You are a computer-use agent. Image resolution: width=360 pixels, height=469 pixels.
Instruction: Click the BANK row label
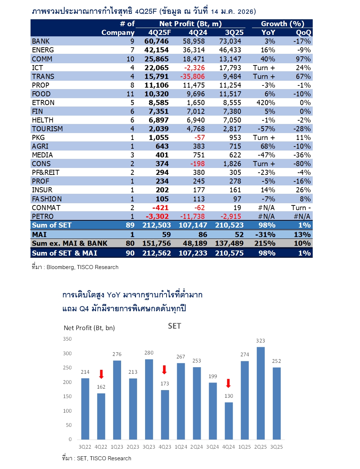tap(41, 41)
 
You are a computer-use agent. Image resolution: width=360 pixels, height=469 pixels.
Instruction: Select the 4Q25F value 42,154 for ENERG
tap(156, 50)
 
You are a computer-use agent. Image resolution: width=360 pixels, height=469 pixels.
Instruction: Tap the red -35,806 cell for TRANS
tap(192, 77)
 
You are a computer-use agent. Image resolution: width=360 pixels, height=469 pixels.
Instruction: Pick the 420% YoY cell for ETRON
tap(265, 103)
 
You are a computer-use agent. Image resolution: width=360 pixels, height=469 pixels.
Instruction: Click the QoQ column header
tap(303, 33)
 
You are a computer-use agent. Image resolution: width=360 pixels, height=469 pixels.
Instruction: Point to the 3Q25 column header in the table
tap(234, 33)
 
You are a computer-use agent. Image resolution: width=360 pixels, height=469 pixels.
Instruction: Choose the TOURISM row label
tap(47, 129)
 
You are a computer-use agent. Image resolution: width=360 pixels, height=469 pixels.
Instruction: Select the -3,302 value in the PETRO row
tap(157, 217)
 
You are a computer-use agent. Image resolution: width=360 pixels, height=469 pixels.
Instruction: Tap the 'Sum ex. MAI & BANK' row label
tap(69, 244)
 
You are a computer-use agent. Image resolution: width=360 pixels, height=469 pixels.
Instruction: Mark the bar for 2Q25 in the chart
tap(260, 393)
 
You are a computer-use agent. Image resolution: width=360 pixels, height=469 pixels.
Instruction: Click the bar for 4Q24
tap(228, 421)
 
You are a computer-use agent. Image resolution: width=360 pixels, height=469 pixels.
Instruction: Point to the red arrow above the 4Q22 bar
tap(101, 374)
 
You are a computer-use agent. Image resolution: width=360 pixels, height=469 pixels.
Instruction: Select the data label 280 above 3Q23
tap(149, 353)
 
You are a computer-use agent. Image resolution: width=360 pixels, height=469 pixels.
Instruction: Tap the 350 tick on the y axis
tap(67, 339)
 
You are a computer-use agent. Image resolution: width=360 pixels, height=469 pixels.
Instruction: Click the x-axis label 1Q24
tap(181, 447)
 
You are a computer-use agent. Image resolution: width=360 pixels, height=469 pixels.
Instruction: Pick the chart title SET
tap(175, 326)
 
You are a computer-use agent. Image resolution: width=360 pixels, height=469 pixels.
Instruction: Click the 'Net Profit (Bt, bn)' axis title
tap(89, 328)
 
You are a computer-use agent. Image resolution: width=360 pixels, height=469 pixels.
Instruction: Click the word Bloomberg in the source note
tap(60, 267)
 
